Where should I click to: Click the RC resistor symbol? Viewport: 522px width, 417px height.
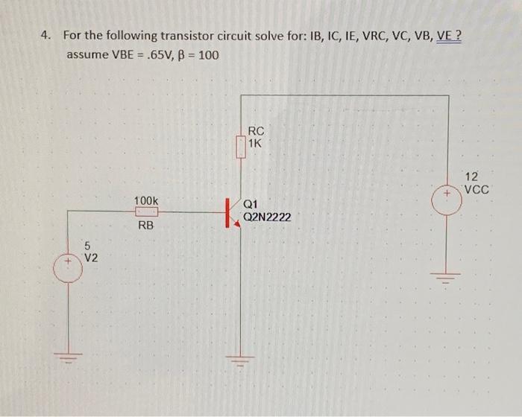[x=240, y=147]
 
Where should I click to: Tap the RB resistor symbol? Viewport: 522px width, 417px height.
[x=146, y=211]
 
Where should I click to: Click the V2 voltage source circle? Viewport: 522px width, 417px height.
[x=69, y=264]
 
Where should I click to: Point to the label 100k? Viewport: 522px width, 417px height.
[x=146, y=200]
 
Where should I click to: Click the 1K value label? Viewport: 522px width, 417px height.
[x=256, y=143]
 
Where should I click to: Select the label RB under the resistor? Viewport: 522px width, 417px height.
[x=146, y=224]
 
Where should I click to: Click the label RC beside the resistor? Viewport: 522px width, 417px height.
[x=256, y=130]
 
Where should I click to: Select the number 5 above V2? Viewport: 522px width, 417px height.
[x=87, y=246]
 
